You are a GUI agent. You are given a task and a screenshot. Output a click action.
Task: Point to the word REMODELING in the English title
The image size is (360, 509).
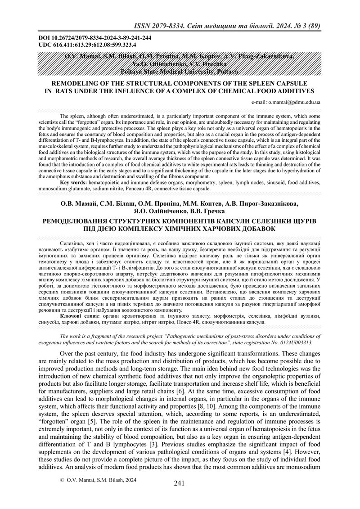[x=77, y=84]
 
